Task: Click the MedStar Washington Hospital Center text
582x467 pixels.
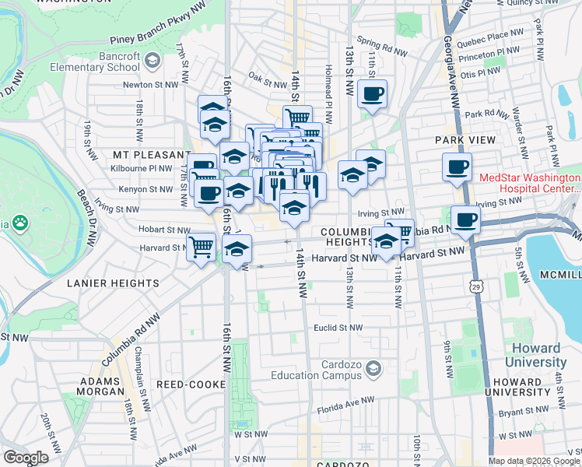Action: (529, 182)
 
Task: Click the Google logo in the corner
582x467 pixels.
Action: (26, 457)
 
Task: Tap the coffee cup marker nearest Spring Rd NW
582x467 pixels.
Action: (372, 94)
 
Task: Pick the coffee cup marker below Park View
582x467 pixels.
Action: (457, 166)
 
